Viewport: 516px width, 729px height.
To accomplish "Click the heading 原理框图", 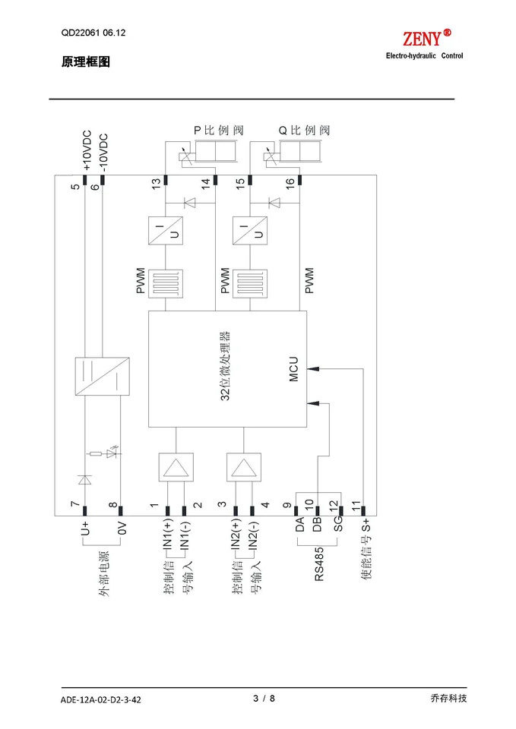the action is coord(85,62).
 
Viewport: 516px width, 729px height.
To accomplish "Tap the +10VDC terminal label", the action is coord(87,150).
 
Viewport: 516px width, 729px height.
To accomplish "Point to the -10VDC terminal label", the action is coord(103,153).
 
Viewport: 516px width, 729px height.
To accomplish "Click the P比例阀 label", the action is coord(218,130).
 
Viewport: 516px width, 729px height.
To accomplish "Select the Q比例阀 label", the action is coord(304,130).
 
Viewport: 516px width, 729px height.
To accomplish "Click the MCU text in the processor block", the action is coord(293,370).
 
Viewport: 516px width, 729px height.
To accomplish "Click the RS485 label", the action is coord(319,564).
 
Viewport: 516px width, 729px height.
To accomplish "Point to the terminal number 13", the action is coord(157,184).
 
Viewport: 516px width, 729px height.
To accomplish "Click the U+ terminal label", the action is coord(86,529).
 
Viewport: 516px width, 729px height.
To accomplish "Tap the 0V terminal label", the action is coord(121,529).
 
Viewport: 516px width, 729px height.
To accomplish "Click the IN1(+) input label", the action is coord(169,535).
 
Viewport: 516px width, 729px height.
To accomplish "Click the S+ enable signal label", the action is coord(366,525).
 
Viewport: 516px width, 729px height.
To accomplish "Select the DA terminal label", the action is coord(300,525).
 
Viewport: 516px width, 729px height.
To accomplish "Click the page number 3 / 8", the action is coord(264,699).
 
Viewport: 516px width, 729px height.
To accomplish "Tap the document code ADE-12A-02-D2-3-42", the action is coord(100,699).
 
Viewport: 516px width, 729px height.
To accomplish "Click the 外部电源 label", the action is coord(104,574).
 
